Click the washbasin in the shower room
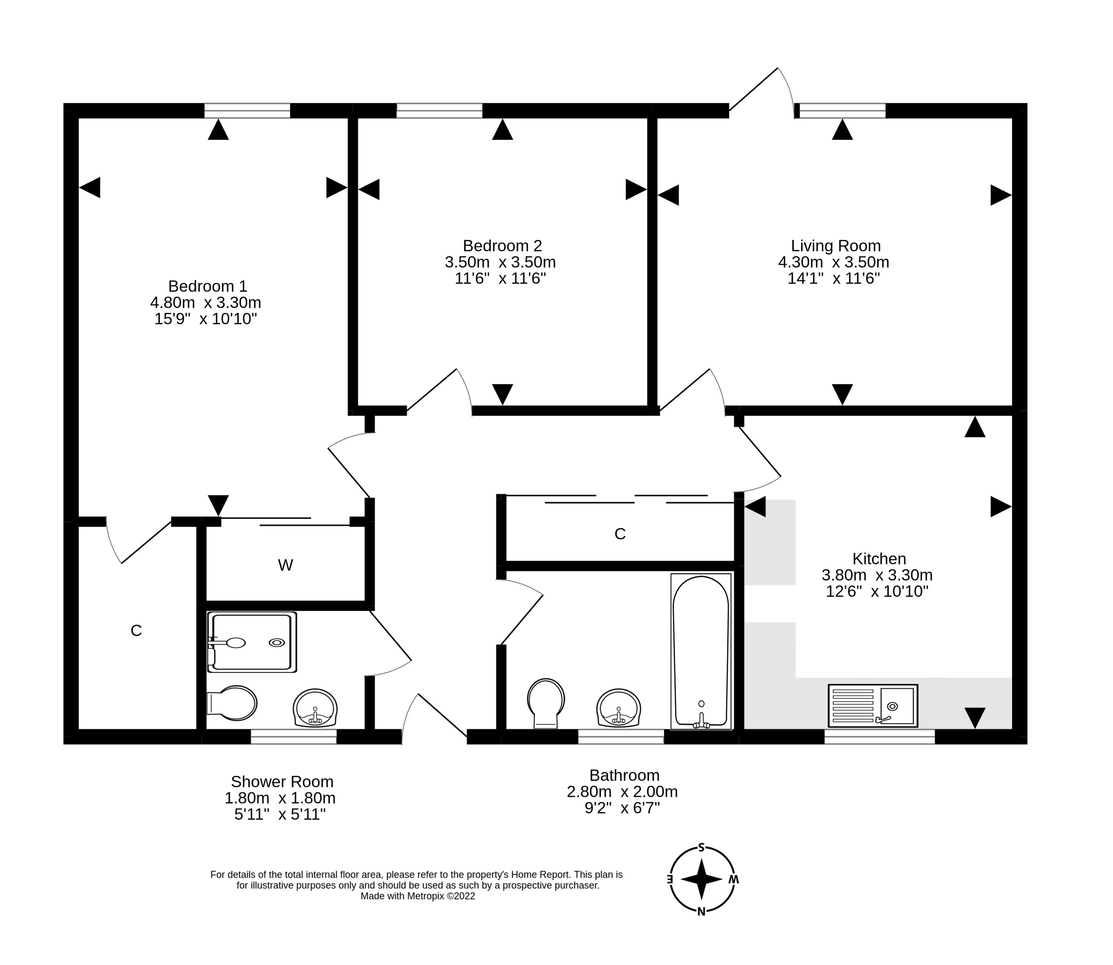315,708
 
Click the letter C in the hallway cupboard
620,534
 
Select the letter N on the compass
701,912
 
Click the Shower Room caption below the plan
282,781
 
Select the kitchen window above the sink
879,737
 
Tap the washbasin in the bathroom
618,708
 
